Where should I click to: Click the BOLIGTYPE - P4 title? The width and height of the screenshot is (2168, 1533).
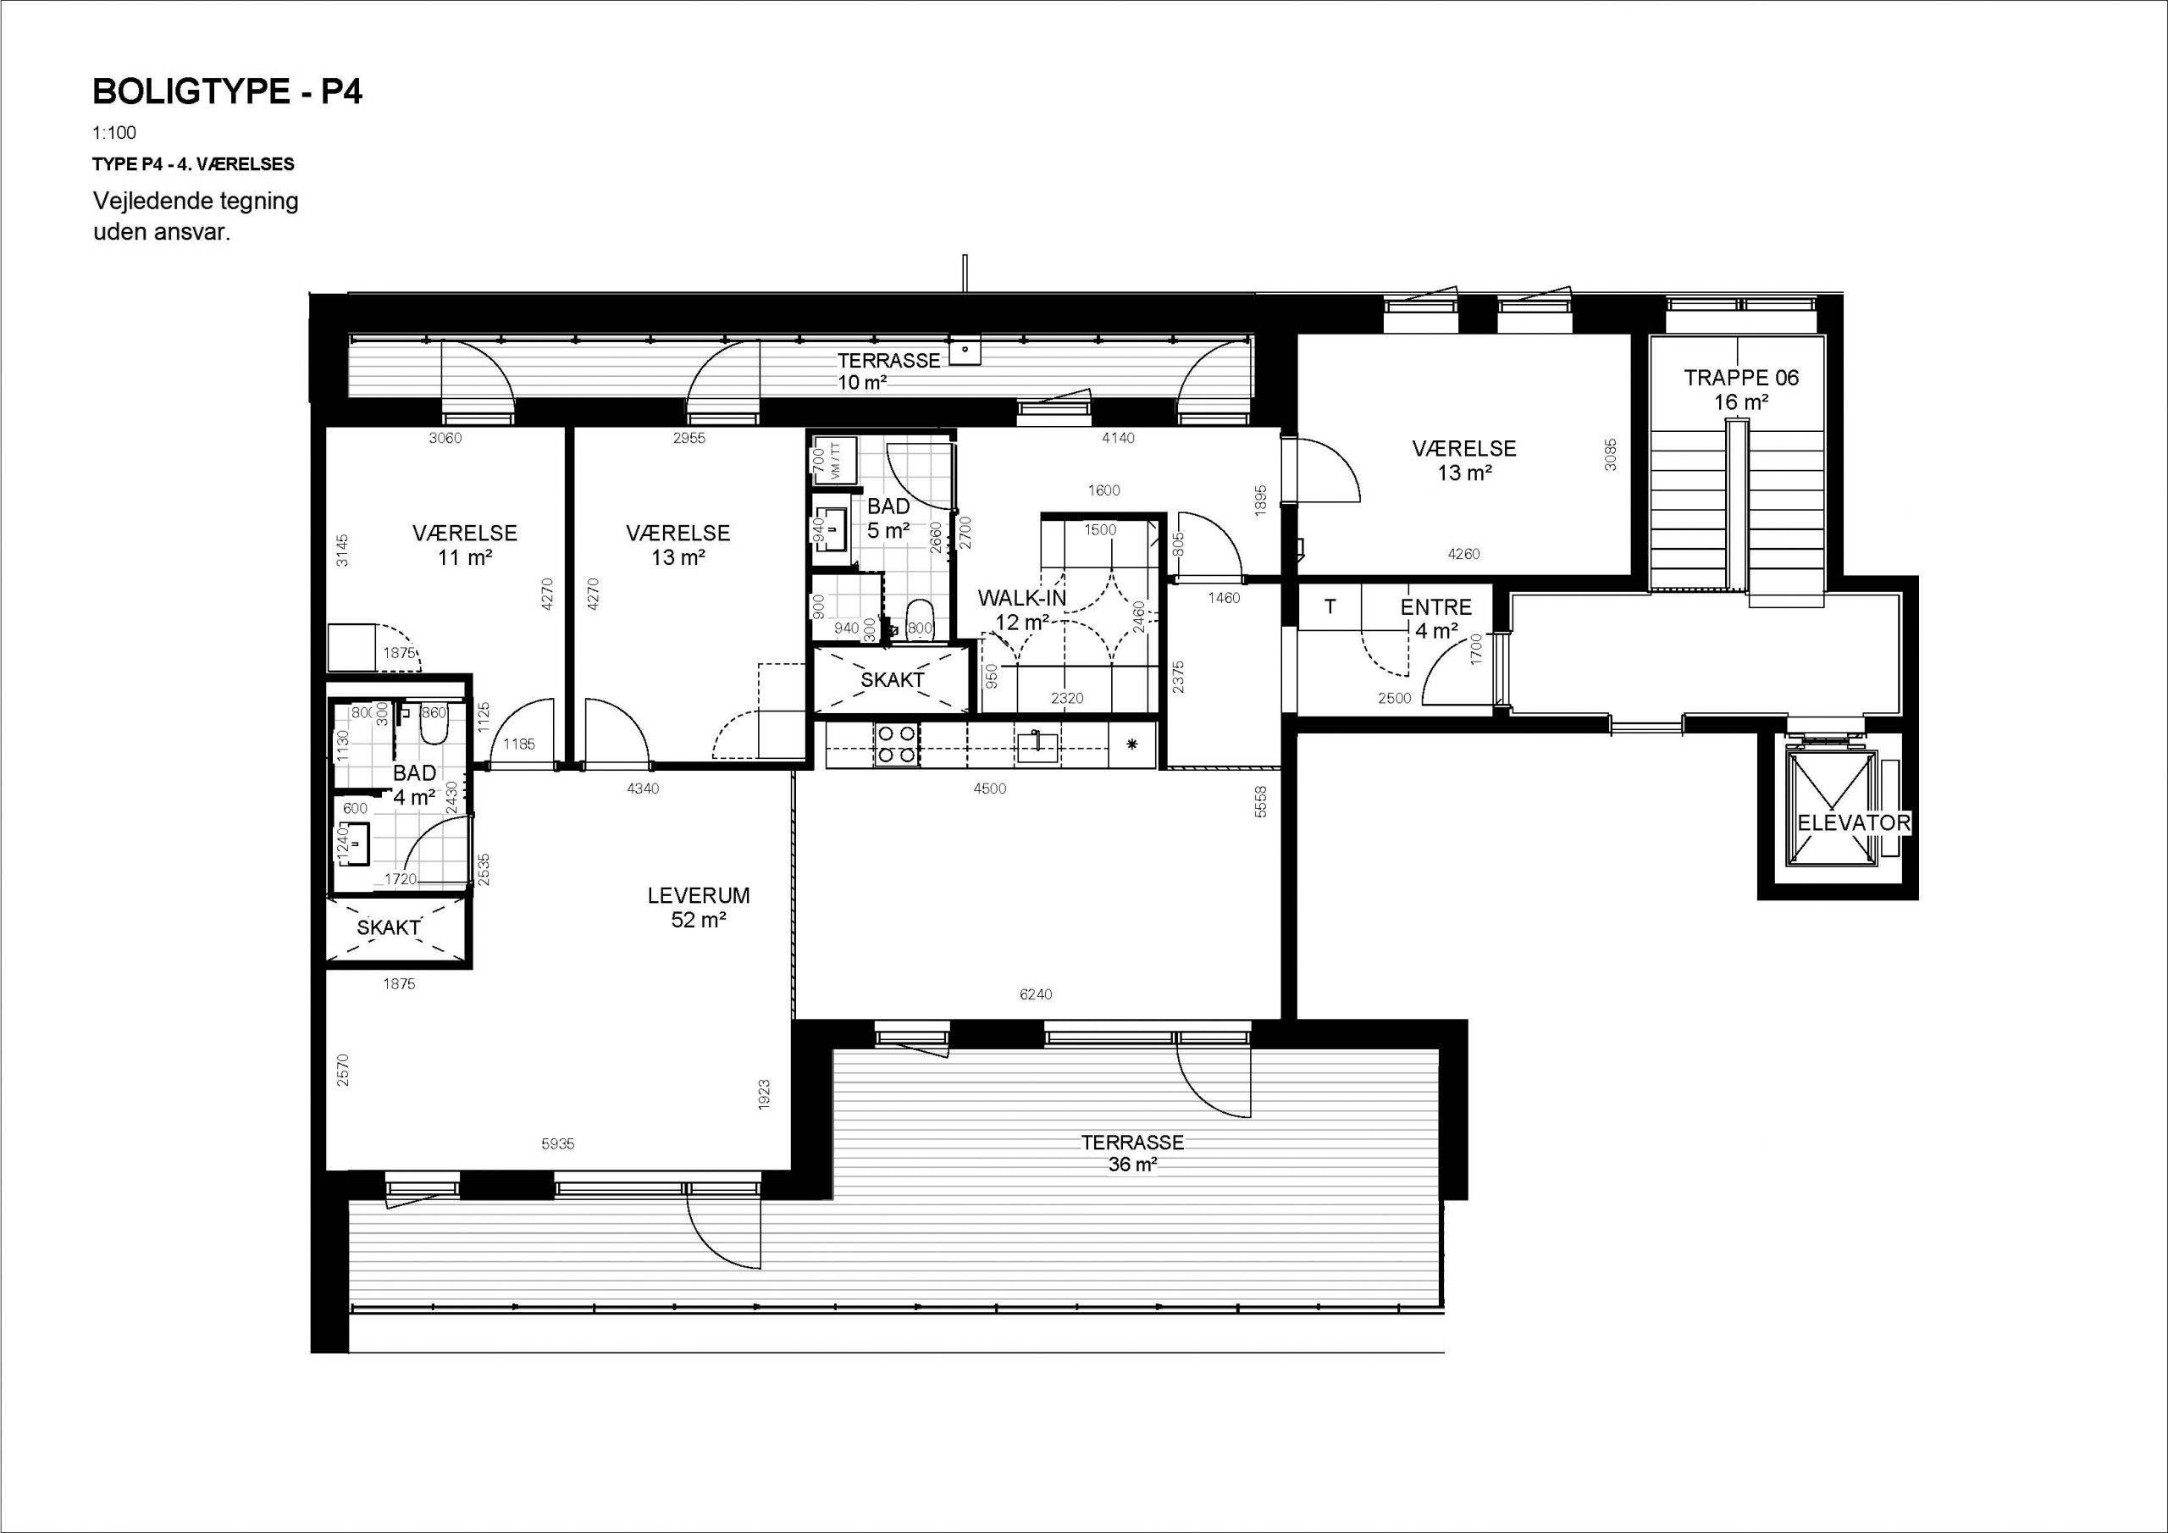228,91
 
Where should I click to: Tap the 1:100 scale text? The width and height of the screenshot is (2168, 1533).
114,133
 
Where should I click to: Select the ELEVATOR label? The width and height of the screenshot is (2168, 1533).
1853,822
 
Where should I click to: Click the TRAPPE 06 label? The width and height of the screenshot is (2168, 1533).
1741,378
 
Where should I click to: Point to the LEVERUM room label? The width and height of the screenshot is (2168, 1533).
699,895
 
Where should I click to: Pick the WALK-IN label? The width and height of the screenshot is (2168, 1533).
1021,598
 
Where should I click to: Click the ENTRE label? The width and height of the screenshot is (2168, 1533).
1435,608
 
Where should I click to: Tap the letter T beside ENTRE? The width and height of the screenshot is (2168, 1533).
1330,607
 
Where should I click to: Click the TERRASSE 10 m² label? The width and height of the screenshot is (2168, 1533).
888,371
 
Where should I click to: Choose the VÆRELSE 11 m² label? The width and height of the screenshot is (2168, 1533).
465,545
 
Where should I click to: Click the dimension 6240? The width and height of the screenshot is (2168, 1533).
1036,993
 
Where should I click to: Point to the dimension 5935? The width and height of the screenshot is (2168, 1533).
557,1144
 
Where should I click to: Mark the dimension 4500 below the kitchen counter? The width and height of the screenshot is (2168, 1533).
990,789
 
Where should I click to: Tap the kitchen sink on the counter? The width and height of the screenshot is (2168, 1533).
1038,745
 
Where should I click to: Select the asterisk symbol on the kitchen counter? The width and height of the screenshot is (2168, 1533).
1133,744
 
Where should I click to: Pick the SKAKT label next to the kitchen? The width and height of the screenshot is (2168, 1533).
893,680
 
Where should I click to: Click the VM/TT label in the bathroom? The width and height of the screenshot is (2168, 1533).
835,461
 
